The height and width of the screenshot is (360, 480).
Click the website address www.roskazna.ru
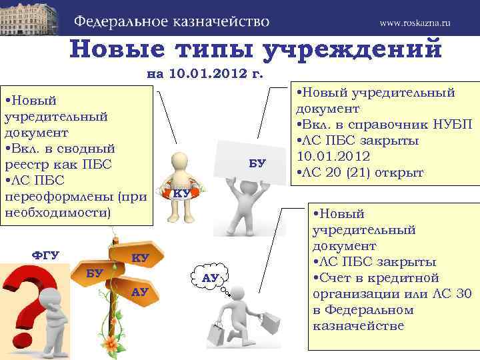[x=415, y=23]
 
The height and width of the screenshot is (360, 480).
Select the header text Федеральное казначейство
[x=172, y=21]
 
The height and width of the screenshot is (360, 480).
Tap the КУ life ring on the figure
[x=180, y=194]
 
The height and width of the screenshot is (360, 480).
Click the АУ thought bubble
[x=211, y=277]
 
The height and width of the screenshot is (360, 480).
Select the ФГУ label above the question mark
[x=46, y=255]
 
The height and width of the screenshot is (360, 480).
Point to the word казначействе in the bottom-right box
[x=357, y=325]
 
